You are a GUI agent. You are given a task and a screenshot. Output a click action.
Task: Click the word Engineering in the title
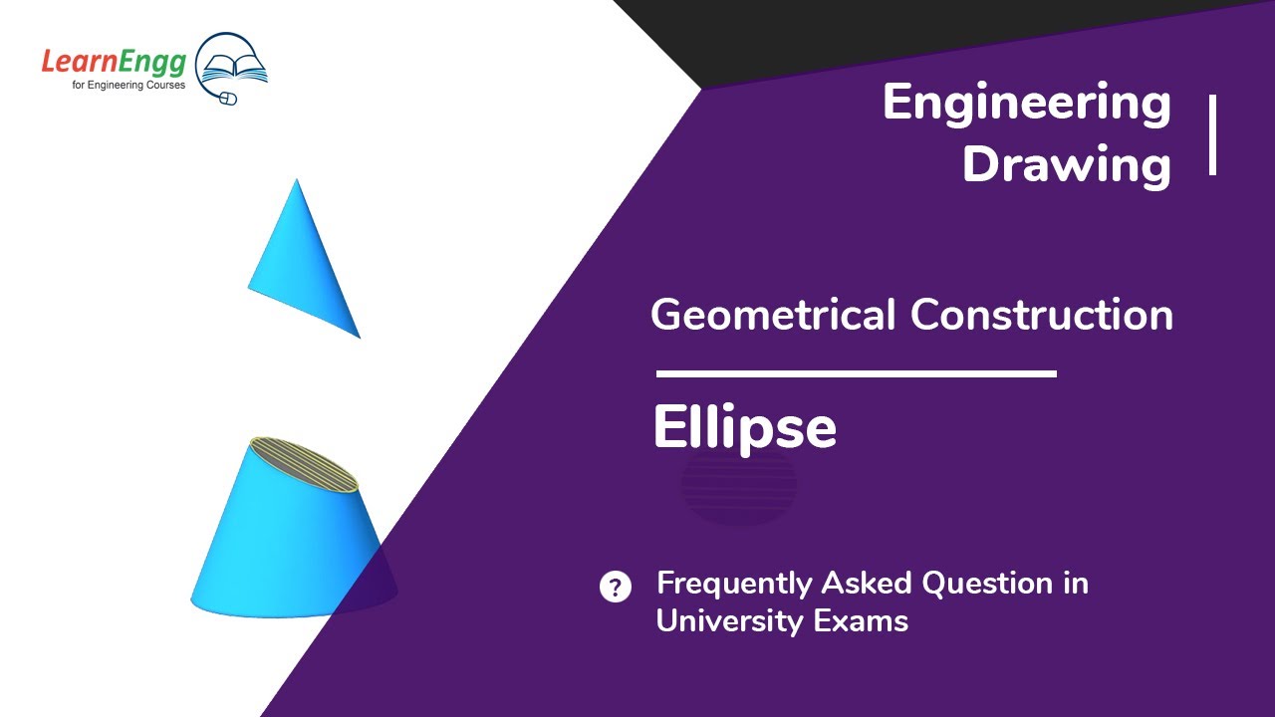coord(1027,104)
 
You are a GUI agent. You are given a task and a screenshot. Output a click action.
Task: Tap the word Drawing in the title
coord(1067,164)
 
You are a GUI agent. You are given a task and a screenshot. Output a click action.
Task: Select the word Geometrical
coord(773,316)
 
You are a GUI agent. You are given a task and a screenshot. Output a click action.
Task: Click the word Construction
coord(1042,316)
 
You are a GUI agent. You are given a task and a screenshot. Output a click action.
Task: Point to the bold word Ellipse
coord(744,428)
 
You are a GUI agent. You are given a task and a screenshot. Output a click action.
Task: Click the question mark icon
coord(616,587)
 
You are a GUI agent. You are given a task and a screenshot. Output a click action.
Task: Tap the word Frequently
coord(733,584)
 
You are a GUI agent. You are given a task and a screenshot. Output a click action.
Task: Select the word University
coord(730,620)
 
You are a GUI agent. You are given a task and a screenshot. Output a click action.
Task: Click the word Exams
coord(866,620)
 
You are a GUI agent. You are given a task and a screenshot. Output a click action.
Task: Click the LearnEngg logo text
coord(113,63)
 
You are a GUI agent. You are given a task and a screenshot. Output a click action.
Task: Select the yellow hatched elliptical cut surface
coord(304,464)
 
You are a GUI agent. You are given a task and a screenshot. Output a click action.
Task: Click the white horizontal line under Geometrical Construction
coord(856,374)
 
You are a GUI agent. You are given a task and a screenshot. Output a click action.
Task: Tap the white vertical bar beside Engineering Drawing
coord(1212,135)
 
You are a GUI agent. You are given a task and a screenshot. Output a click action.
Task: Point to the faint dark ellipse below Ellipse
coord(738,487)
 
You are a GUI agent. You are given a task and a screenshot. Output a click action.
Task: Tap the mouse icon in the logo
coord(227,98)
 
